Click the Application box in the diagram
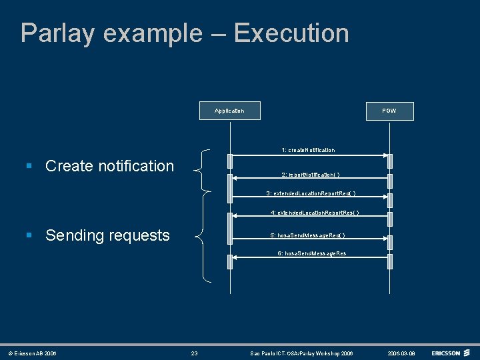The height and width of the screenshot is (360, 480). [230, 111]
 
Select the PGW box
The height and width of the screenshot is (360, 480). [389, 111]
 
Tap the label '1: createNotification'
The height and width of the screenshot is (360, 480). [308, 150]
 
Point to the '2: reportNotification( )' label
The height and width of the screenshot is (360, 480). [311, 175]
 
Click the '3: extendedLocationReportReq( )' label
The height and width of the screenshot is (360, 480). [311, 193]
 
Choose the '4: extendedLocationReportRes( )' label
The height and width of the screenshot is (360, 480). [315, 213]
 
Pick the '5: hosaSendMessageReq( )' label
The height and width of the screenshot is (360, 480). [307, 235]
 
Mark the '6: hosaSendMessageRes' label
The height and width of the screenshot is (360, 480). [312, 254]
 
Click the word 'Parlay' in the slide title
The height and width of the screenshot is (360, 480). [57, 33]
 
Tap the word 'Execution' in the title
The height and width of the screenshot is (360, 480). [291, 33]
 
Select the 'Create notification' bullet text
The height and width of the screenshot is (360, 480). [109, 166]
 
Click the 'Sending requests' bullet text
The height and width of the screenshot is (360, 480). [107, 235]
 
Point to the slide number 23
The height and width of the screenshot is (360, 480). [194, 353]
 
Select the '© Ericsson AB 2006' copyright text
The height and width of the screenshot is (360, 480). [32, 353]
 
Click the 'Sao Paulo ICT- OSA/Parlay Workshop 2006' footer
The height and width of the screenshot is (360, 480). [301, 353]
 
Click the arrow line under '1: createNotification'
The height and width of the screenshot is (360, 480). [309, 156]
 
